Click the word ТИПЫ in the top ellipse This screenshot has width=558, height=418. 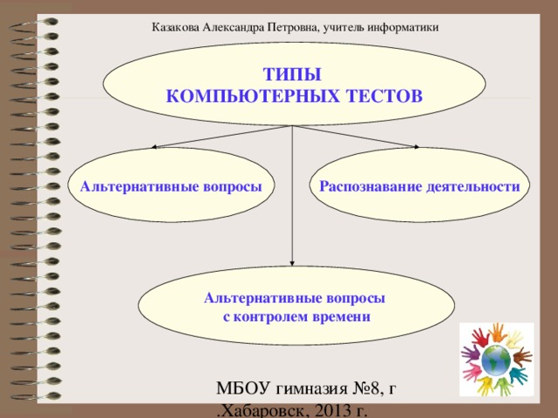point(292,76)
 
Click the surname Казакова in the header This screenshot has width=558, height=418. point(176,27)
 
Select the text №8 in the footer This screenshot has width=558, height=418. point(368,389)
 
